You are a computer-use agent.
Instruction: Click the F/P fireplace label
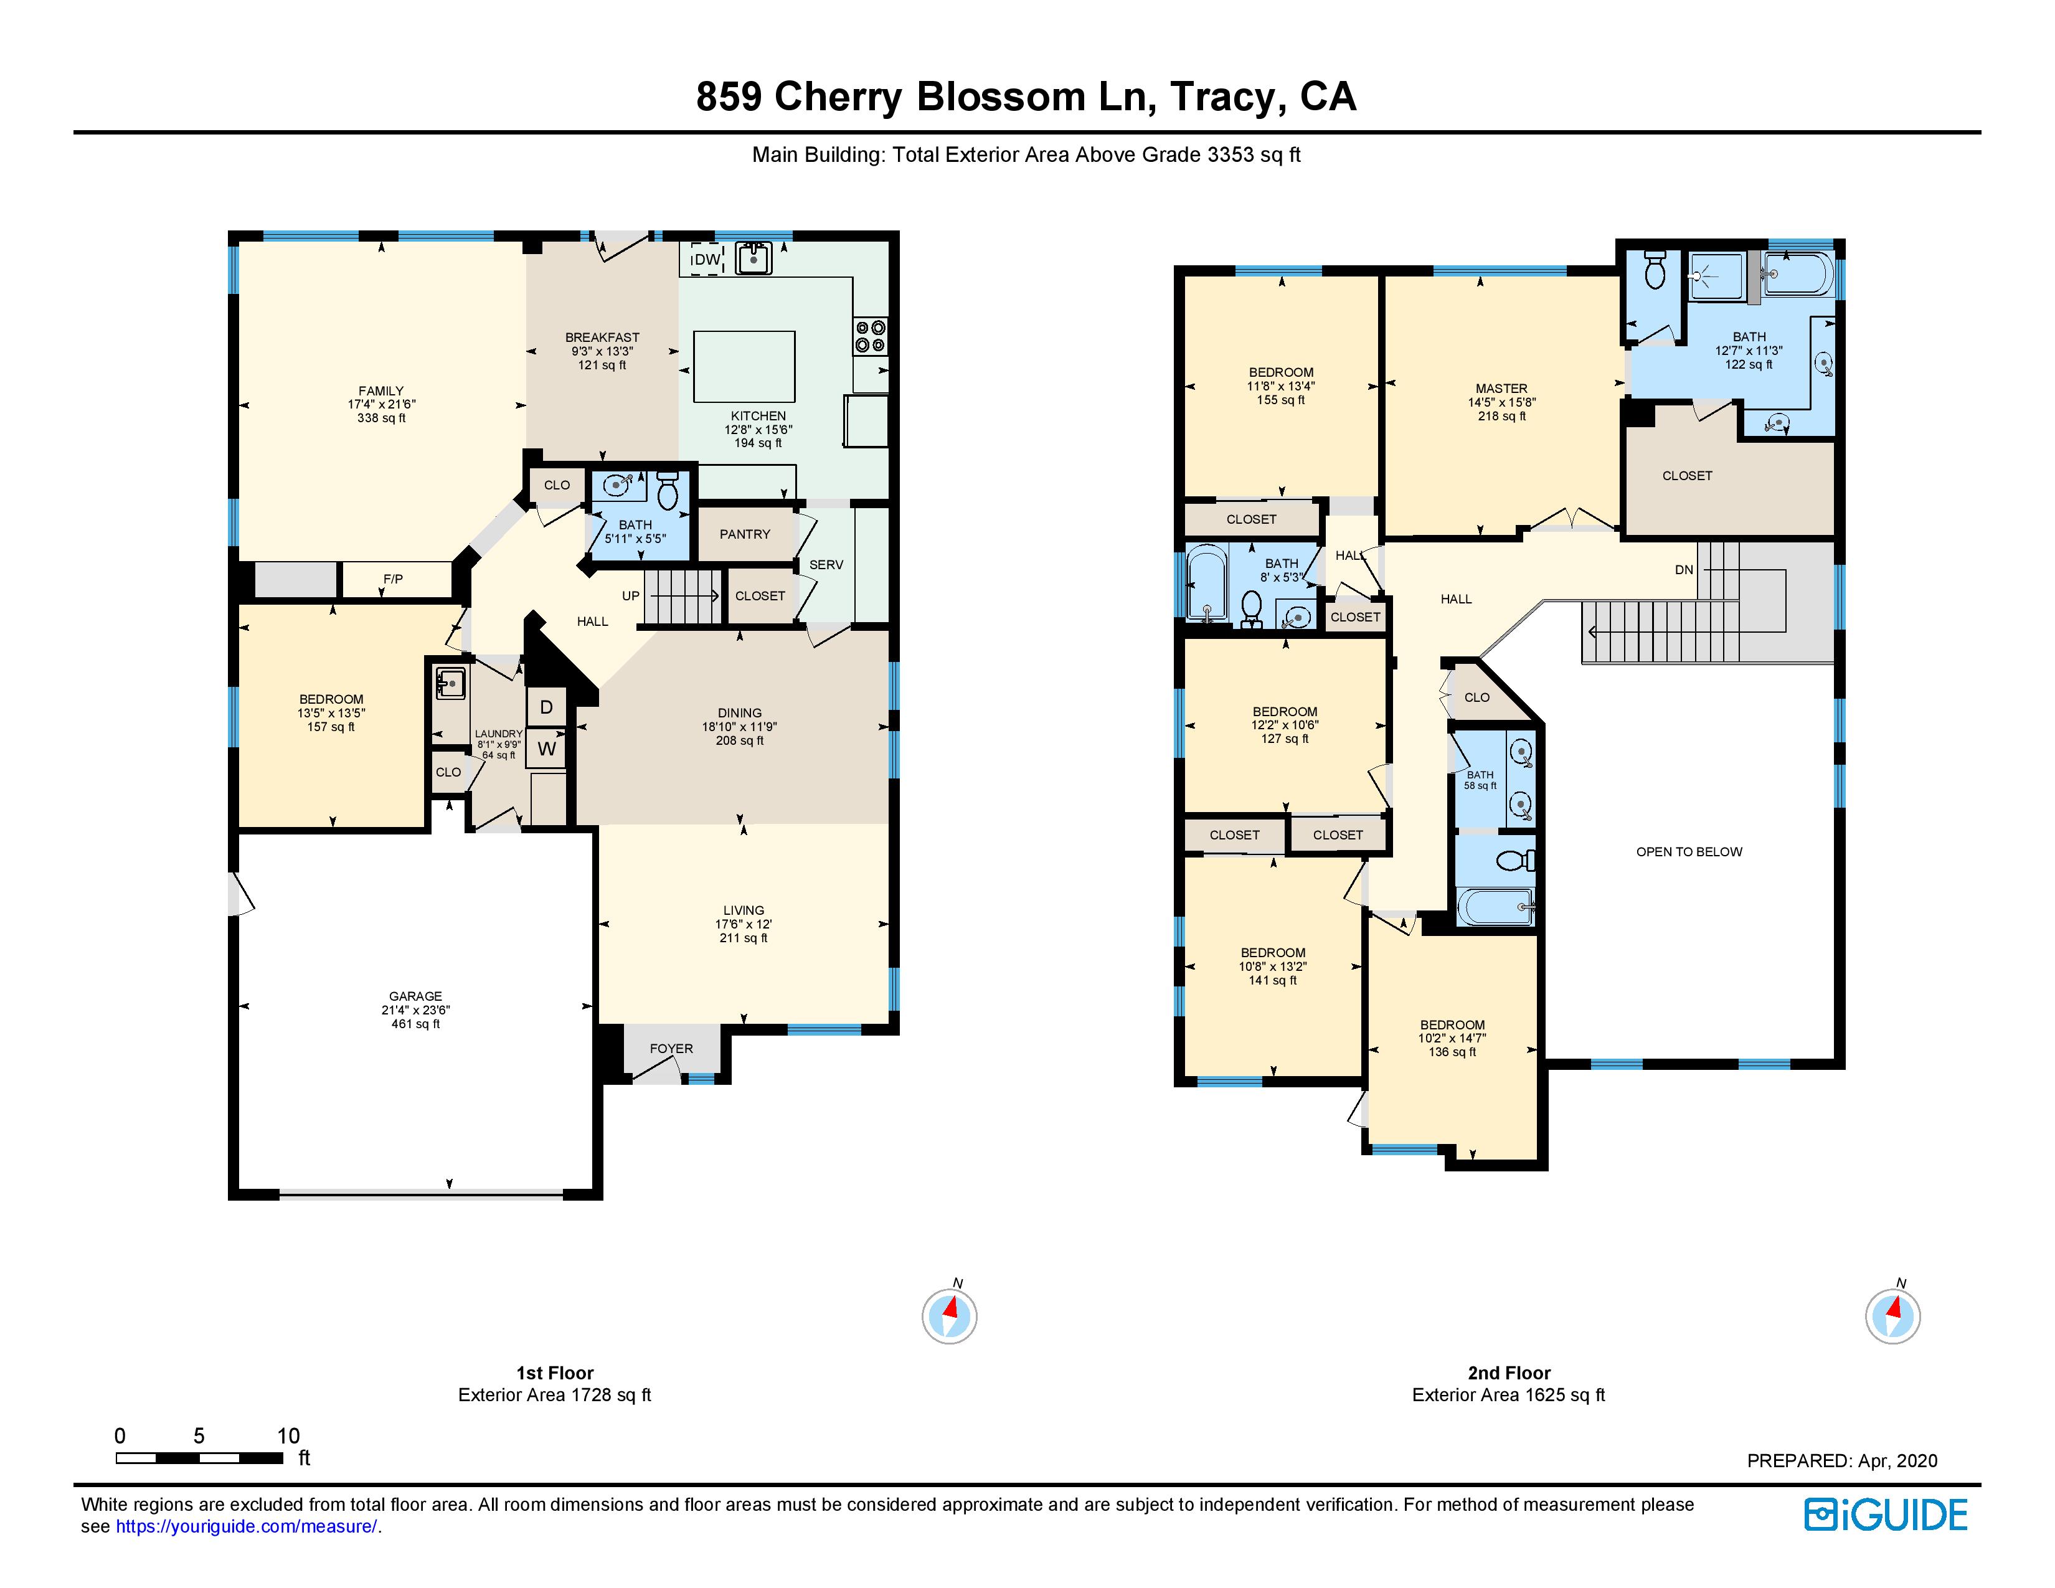click(394, 579)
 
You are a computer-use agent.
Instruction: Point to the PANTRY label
click(745, 534)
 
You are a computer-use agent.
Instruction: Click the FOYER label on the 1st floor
click(671, 1048)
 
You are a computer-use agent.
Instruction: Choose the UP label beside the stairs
click(630, 595)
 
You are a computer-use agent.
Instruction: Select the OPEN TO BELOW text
click(1689, 851)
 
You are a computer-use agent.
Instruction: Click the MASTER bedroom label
click(1502, 387)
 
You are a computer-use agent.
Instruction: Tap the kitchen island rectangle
click(744, 366)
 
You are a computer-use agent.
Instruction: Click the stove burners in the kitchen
click(871, 336)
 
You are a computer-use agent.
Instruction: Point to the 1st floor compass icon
click(950, 1315)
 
